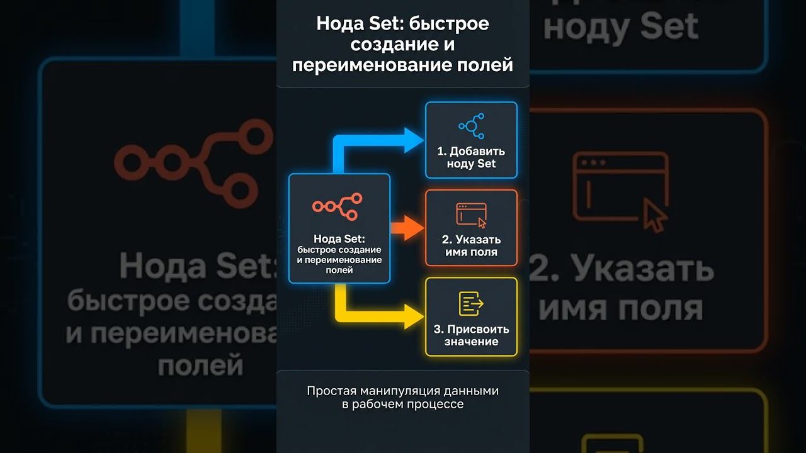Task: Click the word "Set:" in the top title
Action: pyautogui.click(x=383, y=24)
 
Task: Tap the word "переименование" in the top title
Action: pyautogui.click(x=366, y=65)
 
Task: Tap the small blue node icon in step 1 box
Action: pyautogui.click(x=472, y=126)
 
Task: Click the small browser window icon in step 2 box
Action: pyautogui.click(x=472, y=215)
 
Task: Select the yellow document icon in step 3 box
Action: pyautogui.click(x=471, y=304)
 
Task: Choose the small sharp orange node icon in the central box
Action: pyautogui.click(x=339, y=206)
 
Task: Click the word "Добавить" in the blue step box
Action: pyautogui.click(x=477, y=152)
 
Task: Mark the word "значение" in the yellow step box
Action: pyautogui.click(x=471, y=342)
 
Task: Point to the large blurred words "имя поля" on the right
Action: pyautogui.click(x=621, y=308)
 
